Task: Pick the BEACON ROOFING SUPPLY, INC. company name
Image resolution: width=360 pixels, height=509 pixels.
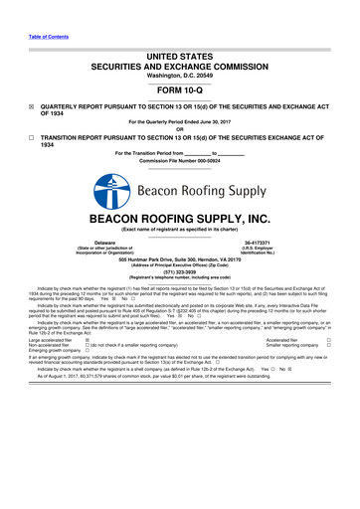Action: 179,219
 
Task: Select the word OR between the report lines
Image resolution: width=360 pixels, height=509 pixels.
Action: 179,130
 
